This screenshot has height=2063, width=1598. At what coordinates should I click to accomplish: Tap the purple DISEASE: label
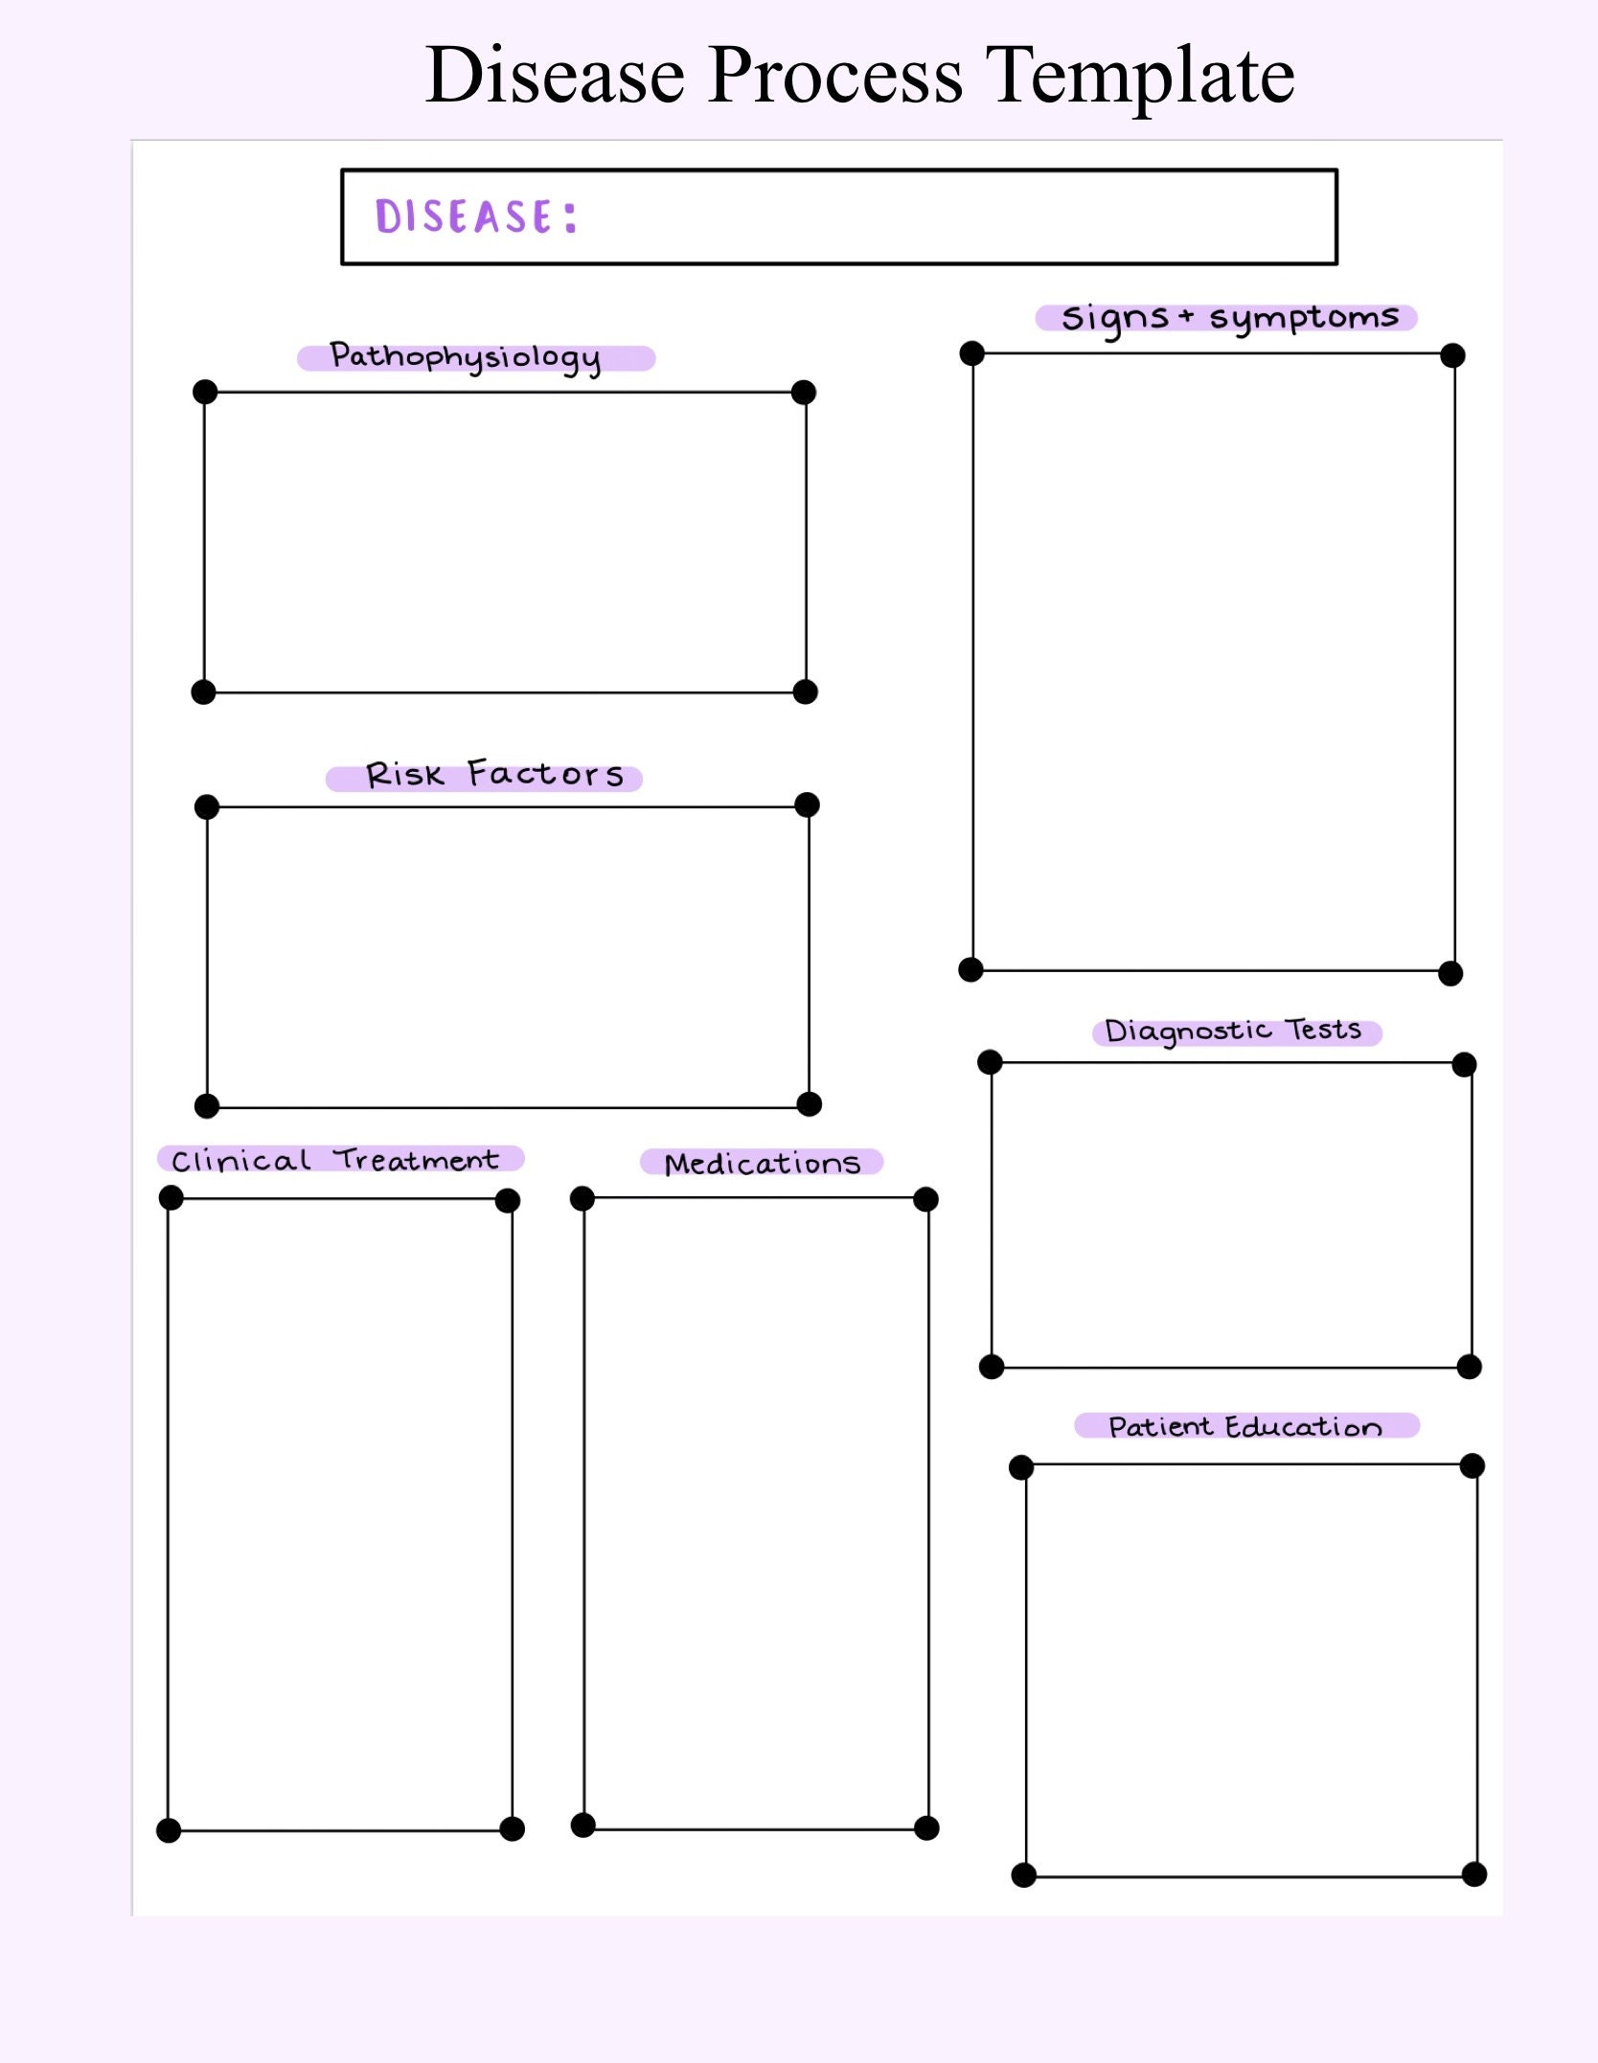pos(476,216)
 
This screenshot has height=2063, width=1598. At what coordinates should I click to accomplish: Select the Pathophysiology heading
pos(466,357)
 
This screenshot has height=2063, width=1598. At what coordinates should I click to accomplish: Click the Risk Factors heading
pos(494,775)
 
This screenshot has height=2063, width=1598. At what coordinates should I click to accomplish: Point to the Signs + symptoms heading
pos(1229,317)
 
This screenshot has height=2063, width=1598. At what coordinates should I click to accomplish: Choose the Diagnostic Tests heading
pos(1233,1031)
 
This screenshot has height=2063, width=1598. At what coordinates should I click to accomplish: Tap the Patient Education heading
pos(1244,1427)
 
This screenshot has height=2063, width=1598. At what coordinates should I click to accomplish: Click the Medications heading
pos(763,1163)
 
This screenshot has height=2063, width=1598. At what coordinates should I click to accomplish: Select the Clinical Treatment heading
pos(336,1160)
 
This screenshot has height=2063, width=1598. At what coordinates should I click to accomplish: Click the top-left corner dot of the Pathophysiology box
pos(205,392)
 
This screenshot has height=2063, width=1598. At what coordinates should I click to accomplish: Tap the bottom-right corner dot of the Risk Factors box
pos(810,1104)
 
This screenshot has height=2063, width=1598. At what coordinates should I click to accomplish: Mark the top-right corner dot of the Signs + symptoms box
pos(1452,355)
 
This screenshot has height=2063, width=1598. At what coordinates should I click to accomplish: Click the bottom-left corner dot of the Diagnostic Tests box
pos(992,1367)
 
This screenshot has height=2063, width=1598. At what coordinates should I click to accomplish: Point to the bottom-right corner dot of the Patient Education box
pos(1474,1874)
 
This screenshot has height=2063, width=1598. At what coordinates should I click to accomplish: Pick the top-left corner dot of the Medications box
pos(582,1198)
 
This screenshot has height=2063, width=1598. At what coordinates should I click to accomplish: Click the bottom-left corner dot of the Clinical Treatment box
pos(169,1830)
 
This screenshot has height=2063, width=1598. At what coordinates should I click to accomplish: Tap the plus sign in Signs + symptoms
pos(1186,315)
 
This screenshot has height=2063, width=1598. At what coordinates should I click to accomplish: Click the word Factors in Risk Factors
pos(545,774)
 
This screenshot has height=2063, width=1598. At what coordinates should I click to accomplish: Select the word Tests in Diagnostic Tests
pos(1323,1029)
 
